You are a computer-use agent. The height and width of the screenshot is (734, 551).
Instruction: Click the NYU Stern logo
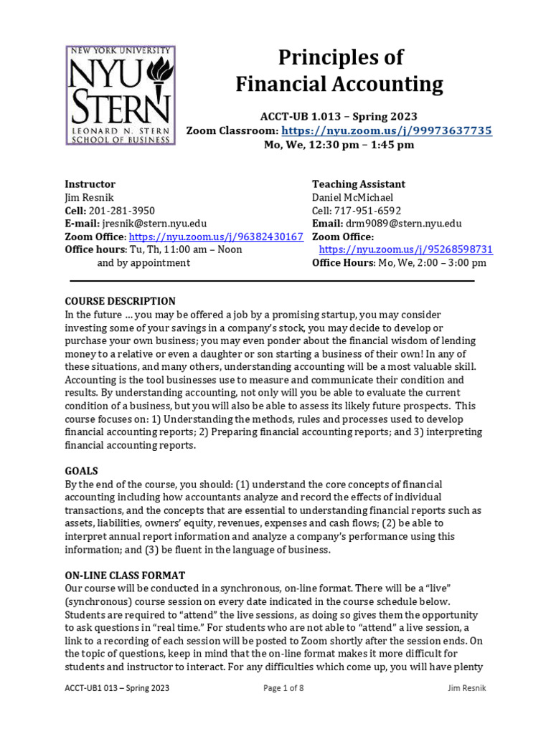[x=121, y=95]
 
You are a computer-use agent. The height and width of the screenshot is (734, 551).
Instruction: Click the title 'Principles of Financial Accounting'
[x=339, y=71]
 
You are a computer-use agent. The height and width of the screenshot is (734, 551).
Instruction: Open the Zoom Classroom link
[x=387, y=130]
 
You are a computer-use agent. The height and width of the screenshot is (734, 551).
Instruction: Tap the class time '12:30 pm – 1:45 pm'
[x=365, y=145]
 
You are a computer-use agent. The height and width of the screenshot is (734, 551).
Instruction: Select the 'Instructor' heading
[x=90, y=184]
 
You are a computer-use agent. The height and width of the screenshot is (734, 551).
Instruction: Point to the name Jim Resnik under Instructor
[x=90, y=197]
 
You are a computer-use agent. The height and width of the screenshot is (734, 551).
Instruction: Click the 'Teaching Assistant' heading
[x=359, y=184]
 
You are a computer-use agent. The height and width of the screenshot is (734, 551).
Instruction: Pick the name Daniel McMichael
[x=353, y=197]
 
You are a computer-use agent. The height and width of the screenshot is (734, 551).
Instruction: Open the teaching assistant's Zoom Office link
[x=405, y=249]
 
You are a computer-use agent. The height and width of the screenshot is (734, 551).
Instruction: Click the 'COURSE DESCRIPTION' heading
[x=121, y=301]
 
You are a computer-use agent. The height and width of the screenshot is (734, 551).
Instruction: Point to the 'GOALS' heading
[x=82, y=471]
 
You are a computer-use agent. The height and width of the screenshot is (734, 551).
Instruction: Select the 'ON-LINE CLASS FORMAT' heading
[x=126, y=575]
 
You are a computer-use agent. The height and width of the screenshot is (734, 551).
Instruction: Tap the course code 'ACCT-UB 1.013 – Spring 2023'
[x=339, y=116]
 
